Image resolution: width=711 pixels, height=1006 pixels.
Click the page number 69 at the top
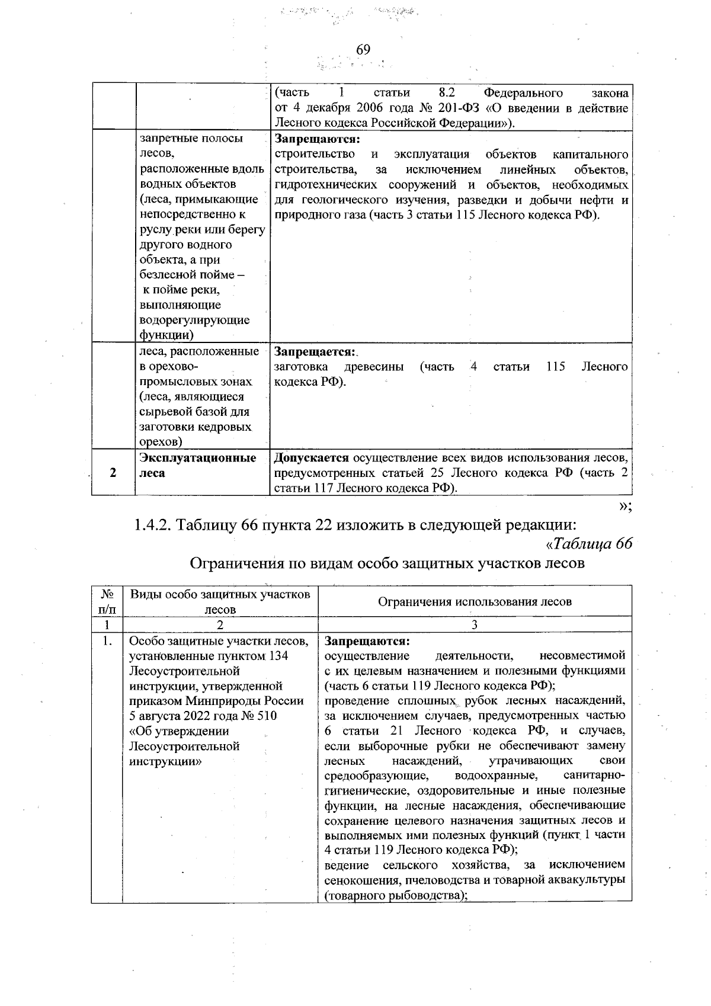click(363, 50)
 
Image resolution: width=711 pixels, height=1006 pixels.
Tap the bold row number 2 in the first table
click(113, 473)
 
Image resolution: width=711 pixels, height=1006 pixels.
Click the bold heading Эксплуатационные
click(197, 458)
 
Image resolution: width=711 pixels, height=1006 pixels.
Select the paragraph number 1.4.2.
click(153, 525)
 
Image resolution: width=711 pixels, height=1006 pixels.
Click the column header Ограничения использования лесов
click(475, 601)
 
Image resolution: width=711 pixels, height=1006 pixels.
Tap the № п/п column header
click(107, 601)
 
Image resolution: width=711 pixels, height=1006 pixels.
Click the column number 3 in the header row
click(475, 624)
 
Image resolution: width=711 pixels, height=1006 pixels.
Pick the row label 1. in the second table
click(107, 641)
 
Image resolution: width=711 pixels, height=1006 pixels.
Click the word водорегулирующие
click(194, 320)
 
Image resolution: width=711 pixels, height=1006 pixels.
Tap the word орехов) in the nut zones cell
click(161, 442)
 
